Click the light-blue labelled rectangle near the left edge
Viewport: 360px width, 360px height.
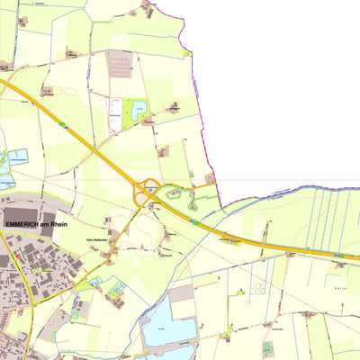(18, 156)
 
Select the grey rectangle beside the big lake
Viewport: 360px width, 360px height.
(182, 292)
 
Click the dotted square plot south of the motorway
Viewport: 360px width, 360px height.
(257, 289)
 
